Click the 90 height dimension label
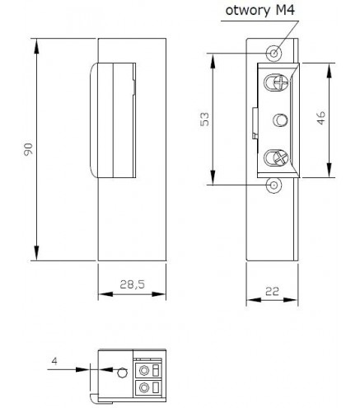click(28, 149)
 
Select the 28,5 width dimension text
click(132, 284)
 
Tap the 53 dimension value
click(204, 119)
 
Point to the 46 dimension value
click(321, 118)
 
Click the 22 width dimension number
click(272, 291)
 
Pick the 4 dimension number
click(54, 361)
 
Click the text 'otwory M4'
click(260, 11)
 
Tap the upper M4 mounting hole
click(274, 53)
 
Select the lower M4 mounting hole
click(274, 185)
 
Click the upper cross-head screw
click(281, 82)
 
